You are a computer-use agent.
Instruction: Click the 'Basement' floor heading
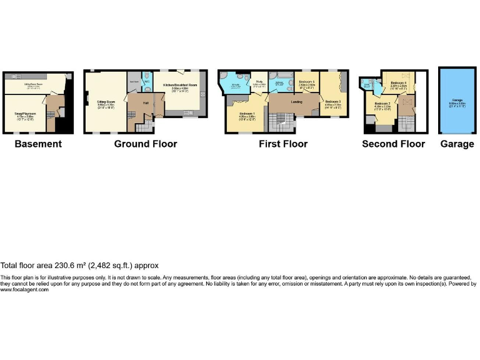38,144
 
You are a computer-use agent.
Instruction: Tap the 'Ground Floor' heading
145,144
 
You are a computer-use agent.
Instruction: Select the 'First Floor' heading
283,144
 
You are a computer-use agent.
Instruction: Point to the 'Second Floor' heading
393,144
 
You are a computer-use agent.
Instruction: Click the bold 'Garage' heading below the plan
457,144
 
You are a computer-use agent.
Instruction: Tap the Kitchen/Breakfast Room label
180,84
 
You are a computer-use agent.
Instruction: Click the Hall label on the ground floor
144,102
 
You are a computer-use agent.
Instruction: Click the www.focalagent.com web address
24,289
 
